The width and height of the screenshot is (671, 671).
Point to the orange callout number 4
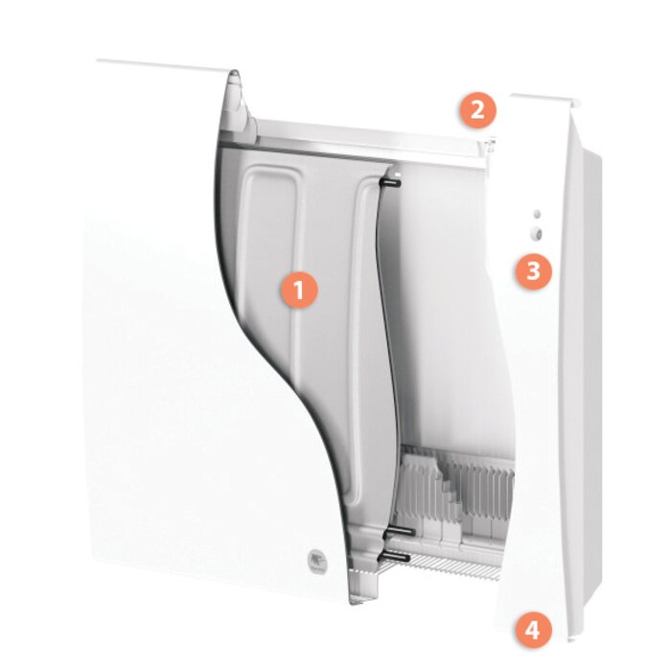533,630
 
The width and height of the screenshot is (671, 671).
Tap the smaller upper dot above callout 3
536,214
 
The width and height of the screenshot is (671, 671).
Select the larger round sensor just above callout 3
536,233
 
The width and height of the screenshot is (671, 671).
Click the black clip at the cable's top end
391,178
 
